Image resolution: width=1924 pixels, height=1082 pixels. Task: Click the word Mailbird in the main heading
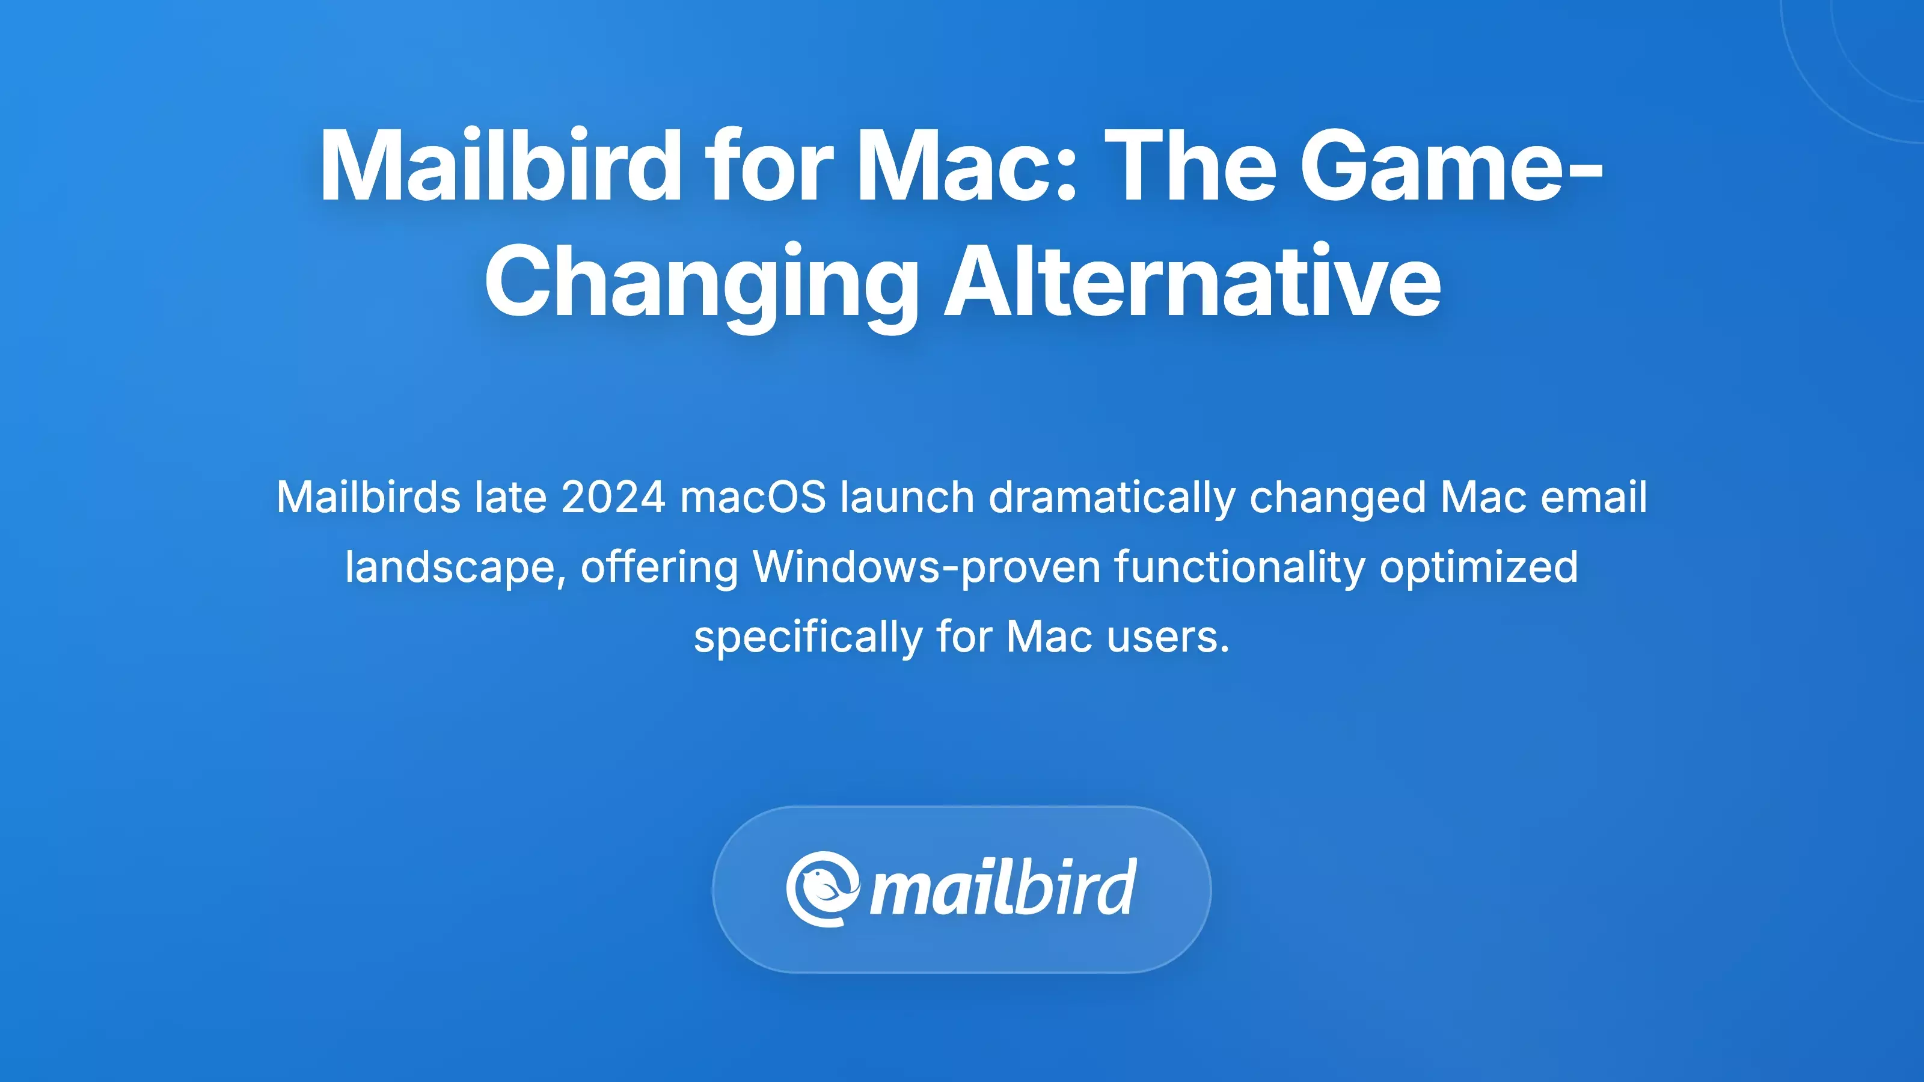coord(500,166)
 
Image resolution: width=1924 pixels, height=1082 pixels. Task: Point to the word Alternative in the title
coord(1193,283)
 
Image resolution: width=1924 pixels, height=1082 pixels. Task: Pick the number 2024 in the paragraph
coord(613,497)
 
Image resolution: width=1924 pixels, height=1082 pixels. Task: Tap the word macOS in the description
coord(753,497)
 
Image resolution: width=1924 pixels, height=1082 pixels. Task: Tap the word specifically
coord(807,638)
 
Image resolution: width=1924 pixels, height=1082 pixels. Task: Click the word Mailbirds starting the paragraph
coord(368,497)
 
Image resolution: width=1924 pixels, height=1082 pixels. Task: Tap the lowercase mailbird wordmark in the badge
coord(1003,888)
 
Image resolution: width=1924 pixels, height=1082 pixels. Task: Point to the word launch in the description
coord(907,497)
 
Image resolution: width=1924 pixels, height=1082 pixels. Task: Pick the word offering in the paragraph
coord(660,567)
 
